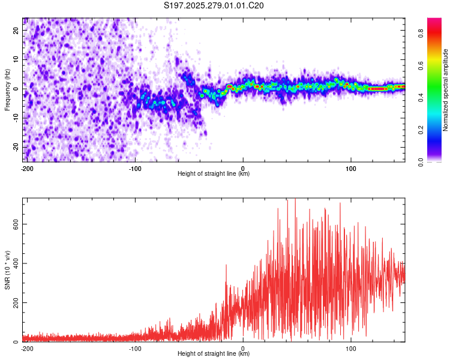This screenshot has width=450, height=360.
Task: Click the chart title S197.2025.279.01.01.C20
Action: (214, 6)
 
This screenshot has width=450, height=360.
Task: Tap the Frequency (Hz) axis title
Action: (7, 90)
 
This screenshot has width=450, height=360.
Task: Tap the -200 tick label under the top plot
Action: (26, 168)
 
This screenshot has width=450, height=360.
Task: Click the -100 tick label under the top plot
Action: (135, 168)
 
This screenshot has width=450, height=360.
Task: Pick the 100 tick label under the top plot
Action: (351, 168)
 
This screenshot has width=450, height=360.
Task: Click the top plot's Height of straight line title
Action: (214, 174)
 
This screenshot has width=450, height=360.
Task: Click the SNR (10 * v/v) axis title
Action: (7, 270)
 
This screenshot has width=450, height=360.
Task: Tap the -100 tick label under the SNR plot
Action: (135, 348)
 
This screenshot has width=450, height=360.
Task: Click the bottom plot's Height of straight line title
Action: (214, 354)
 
